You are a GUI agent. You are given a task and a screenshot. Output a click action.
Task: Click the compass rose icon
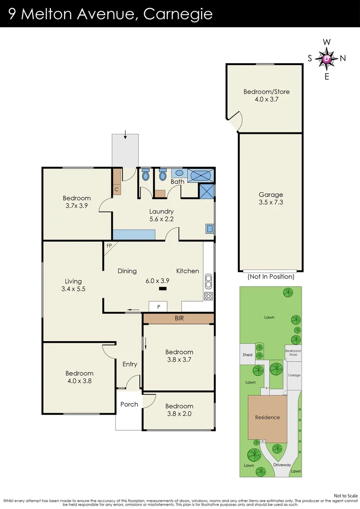[x=327, y=58]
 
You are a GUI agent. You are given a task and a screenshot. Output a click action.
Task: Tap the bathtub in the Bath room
[x=201, y=175]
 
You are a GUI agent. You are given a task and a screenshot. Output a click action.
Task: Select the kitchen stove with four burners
[x=208, y=296]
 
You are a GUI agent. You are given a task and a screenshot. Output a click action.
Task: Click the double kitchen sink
[x=208, y=283]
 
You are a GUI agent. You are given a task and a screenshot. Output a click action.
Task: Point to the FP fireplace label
[x=109, y=246]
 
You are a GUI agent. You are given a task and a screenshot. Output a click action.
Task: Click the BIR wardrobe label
[x=179, y=319]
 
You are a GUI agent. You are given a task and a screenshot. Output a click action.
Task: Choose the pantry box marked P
[x=159, y=306]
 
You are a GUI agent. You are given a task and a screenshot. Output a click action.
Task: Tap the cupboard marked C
[x=116, y=189]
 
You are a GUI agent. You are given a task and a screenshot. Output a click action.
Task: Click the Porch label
[x=129, y=404]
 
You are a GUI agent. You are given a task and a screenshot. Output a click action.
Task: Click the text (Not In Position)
[x=270, y=277]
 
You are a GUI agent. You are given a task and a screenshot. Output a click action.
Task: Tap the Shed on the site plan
[x=247, y=355]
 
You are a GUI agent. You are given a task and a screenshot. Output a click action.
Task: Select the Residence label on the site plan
[x=267, y=417]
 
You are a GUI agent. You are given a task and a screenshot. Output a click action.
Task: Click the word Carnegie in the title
[x=178, y=14]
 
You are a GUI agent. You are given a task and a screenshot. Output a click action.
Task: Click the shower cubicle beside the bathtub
[x=207, y=191]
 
